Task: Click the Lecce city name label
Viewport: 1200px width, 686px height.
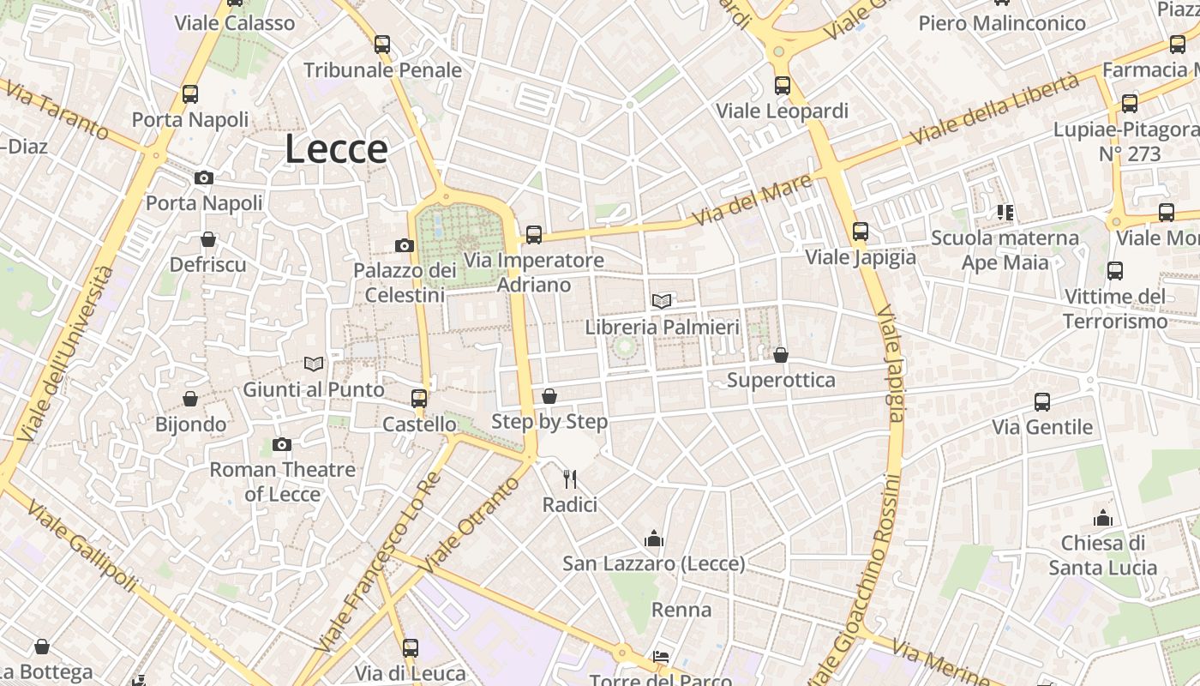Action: (336, 148)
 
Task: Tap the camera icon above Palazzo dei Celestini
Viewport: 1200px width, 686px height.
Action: (405, 246)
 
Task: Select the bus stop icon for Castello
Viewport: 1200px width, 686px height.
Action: (419, 398)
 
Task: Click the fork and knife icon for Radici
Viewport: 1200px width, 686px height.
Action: (570, 478)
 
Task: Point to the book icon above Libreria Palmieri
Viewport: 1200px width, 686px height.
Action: (662, 301)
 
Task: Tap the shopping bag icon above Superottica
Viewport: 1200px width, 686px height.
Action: (781, 354)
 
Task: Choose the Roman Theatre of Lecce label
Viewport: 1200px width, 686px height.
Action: (283, 481)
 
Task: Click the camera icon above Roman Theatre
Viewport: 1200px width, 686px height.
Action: (282, 444)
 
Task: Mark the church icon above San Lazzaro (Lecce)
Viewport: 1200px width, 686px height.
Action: (655, 539)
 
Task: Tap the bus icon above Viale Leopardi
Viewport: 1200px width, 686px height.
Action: (782, 85)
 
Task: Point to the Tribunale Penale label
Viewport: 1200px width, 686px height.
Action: (382, 70)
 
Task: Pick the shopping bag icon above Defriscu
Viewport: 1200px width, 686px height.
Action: (208, 239)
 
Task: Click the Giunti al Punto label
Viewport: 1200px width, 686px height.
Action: (314, 389)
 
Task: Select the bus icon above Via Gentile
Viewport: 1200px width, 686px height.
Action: (1042, 401)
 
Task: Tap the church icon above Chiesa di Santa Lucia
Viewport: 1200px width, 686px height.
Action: (1103, 518)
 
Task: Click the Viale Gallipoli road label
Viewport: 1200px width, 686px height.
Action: (82, 546)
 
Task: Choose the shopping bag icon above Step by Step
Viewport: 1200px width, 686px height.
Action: (549, 396)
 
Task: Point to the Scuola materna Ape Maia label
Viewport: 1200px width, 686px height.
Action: (1005, 250)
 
